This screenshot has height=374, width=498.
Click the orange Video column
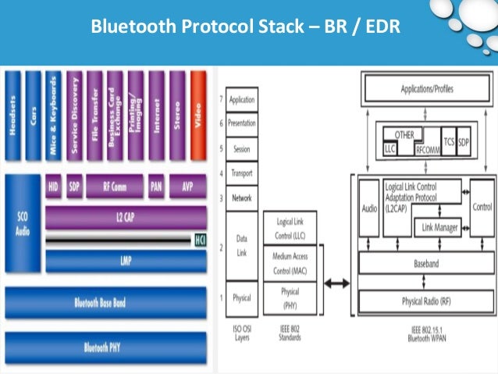[198, 115]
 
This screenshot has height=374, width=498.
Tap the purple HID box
[54, 186]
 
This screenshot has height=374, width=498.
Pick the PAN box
[156, 186]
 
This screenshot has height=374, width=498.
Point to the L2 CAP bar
[125, 217]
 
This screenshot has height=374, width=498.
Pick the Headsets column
[13, 115]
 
